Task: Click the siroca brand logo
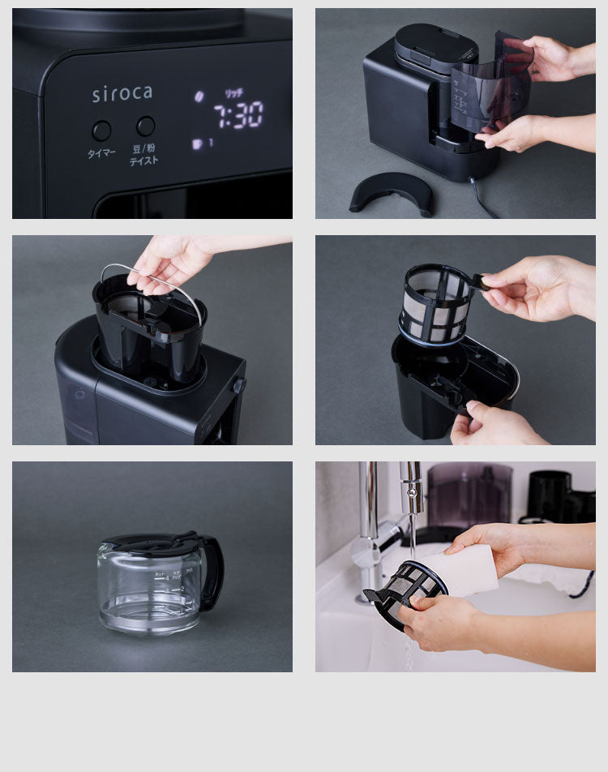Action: [122, 93]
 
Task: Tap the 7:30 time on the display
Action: [238, 115]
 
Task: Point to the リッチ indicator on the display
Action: [233, 93]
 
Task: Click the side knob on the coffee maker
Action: [238, 386]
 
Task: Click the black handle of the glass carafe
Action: [212, 573]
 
